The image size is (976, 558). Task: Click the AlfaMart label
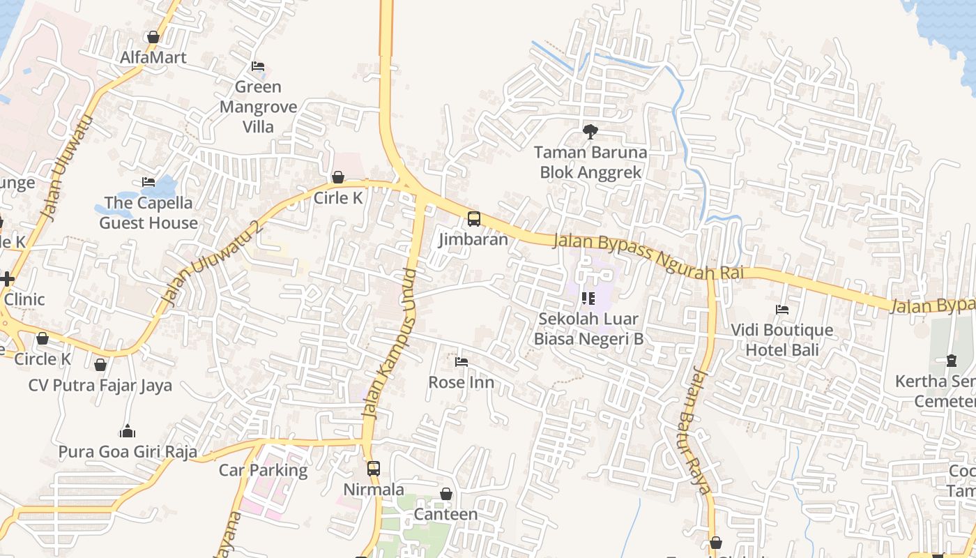153,57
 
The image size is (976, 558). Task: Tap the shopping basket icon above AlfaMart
153,37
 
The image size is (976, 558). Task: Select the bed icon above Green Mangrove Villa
258,66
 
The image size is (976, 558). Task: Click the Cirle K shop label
338,198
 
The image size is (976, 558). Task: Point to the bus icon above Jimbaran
474,219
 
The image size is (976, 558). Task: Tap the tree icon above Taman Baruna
590,131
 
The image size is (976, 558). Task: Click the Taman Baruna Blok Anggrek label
590,162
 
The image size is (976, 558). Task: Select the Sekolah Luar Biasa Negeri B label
588,329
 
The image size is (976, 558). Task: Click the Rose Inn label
462,382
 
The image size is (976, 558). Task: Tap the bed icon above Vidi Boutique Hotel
782,309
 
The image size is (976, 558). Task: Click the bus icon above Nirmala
374,468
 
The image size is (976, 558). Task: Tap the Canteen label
446,514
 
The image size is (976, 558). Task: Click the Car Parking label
264,470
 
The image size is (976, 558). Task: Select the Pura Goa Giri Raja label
128,451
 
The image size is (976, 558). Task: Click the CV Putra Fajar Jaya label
100,385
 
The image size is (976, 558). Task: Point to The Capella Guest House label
148,213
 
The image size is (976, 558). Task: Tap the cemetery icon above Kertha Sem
952,361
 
